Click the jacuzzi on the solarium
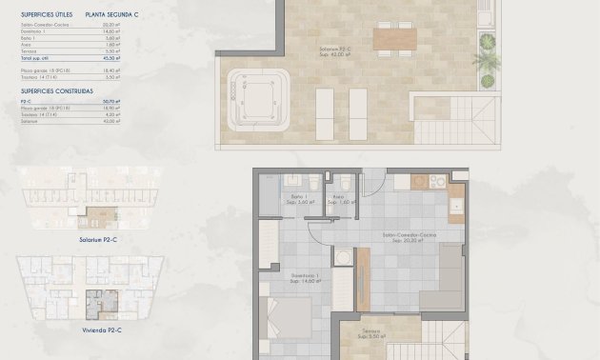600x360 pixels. coord(260,93)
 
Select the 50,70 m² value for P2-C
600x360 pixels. coord(107,100)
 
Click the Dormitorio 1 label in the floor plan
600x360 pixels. coord(306,277)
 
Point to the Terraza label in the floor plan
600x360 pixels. coord(370,332)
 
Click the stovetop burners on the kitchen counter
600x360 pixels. coord(437,181)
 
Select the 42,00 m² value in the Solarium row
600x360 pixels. coord(107,122)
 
